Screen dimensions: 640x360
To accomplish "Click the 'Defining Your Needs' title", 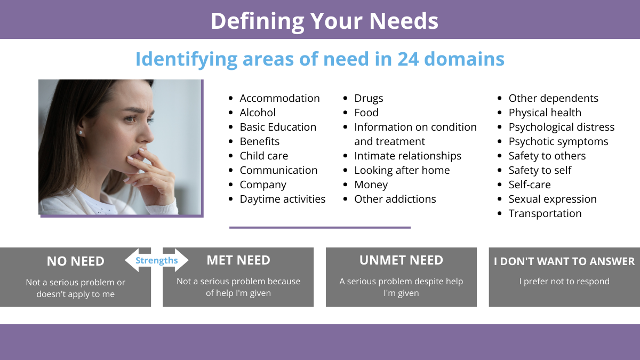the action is pos(324,21).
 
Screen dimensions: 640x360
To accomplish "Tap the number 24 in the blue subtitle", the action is pos(408,59).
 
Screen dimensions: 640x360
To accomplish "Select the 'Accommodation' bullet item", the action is pos(279,98).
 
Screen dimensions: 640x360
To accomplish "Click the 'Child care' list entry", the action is pos(263,156).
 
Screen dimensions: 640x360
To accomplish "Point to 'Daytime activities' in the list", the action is pos(282,199).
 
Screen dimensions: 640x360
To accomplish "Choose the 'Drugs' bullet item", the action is pos(369,99).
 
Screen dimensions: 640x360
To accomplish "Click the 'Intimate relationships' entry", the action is pos(407,156).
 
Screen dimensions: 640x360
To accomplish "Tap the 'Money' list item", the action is pos(371,185).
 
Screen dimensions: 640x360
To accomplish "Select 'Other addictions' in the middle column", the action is pos(395,199).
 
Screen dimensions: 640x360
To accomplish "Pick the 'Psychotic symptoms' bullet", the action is pos(558,142).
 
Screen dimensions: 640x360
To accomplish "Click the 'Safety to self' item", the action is pos(540,170).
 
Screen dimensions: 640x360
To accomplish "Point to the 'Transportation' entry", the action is pos(545,214).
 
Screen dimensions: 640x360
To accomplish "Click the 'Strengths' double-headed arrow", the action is pos(157,260).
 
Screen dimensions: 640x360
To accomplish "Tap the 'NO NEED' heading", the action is pos(75,261).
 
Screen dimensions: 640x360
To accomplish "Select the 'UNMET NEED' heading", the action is pos(401,260).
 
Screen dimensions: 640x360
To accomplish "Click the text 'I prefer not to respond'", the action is pos(564,282).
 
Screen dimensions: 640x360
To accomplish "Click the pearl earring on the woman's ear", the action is pos(81,133).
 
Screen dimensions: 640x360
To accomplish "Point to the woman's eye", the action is pos(131,118).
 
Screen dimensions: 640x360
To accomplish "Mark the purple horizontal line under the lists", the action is pos(320,228).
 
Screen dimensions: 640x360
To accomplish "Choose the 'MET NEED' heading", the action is pos(238,260).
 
